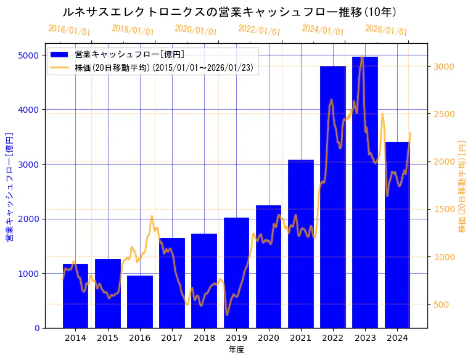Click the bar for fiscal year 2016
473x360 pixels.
[140, 301]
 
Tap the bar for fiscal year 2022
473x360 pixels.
[333, 197]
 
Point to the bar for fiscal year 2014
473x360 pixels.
[75, 296]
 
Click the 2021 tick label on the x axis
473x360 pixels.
[301, 338]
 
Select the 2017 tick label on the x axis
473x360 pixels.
[172, 338]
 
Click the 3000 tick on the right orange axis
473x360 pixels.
[445, 67]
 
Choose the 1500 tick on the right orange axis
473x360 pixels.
[445, 210]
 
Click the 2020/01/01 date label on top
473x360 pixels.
[196, 30]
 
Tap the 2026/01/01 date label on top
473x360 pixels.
[387, 30]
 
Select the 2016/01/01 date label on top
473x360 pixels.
[70, 30]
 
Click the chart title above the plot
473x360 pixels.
[229, 12]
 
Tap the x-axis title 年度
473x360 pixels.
[236, 350]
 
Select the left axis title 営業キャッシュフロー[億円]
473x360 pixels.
[9, 186]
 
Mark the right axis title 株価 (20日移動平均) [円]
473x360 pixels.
[462, 186]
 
